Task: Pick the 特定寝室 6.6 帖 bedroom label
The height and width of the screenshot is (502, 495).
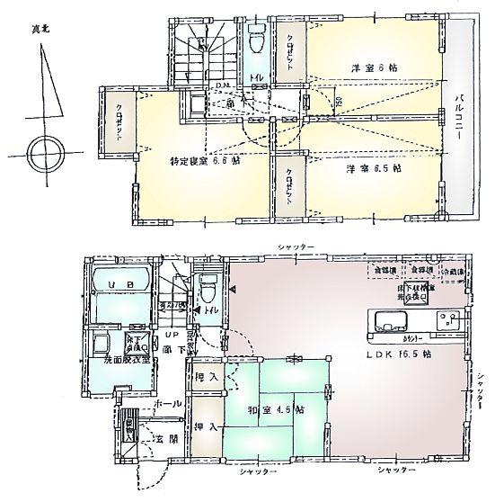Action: (205, 162)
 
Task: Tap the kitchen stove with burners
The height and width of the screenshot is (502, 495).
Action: (446, 319)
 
